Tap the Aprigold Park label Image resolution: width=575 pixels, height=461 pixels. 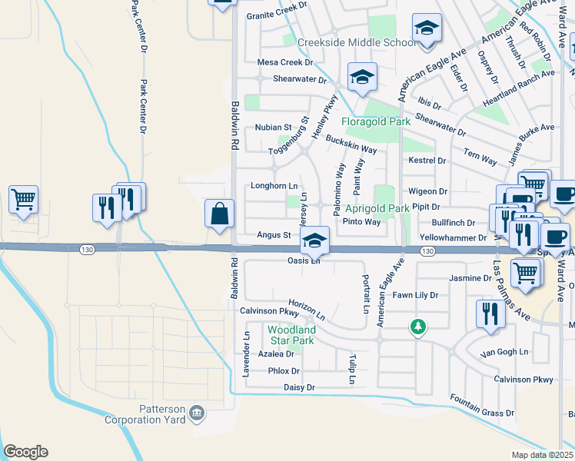tap(377, 208)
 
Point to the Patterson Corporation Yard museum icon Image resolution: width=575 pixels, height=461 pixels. tap(198, 413)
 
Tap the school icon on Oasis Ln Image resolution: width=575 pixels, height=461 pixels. tap(314, 241)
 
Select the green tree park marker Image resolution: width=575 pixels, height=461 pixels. tap(417, 327)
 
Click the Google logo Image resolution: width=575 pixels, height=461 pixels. tap(25, 452)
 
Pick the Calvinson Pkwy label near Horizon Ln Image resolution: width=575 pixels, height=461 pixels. tap(268, 311)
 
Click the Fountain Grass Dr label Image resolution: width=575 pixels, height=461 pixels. tap(482, 407)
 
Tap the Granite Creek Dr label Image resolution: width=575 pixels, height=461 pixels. tap(276, 15)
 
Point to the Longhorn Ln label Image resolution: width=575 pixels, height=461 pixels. tap(274, 186)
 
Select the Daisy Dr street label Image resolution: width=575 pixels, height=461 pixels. tap(299, 388)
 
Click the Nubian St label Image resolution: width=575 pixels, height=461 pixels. tap(274, 127)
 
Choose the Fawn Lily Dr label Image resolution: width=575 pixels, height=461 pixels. tap(415, 294)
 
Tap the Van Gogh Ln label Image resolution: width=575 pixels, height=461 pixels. tap(504, 352)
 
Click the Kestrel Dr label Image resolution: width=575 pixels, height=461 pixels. tap(429, 161)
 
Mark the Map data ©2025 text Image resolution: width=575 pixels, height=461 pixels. tap(543, 455)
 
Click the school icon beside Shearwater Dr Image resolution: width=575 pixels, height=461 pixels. tap(362, 78)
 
